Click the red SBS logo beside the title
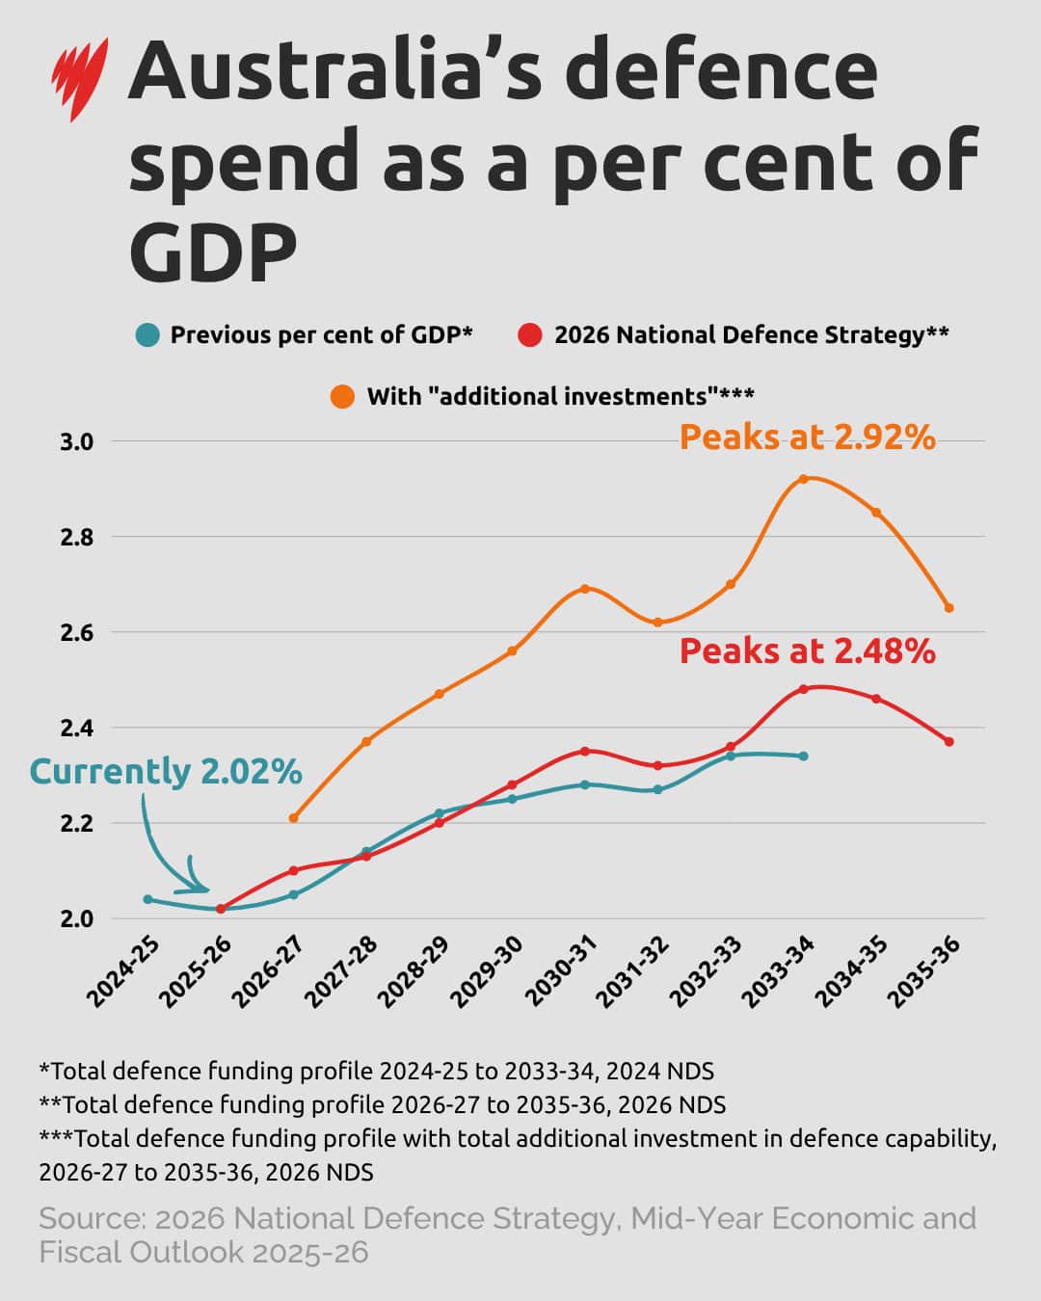[79, 77]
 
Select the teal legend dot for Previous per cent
[147, 335]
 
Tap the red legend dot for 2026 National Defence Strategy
[530, 335]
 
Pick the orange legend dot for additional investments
[342, 396]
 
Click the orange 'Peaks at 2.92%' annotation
[807, 438]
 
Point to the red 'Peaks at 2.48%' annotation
[807, 651]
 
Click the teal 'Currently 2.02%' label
[166, 772]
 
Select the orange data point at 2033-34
[803, 479]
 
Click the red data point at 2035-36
[949, 741]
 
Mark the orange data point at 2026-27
[294, 817]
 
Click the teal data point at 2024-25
[147, 899]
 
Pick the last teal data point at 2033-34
[803, 756]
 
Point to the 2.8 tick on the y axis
[77, 537]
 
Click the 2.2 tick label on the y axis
[77, 824]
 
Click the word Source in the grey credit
[93, 1219]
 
